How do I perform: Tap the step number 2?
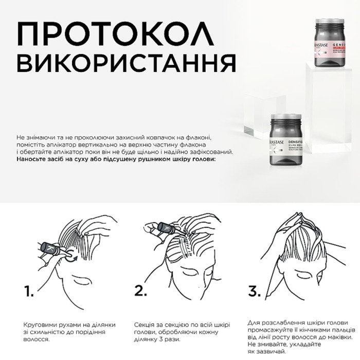click(141, 292)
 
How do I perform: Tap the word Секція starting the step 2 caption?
click(145, 325)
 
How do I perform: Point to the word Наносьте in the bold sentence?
click(32, 159)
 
